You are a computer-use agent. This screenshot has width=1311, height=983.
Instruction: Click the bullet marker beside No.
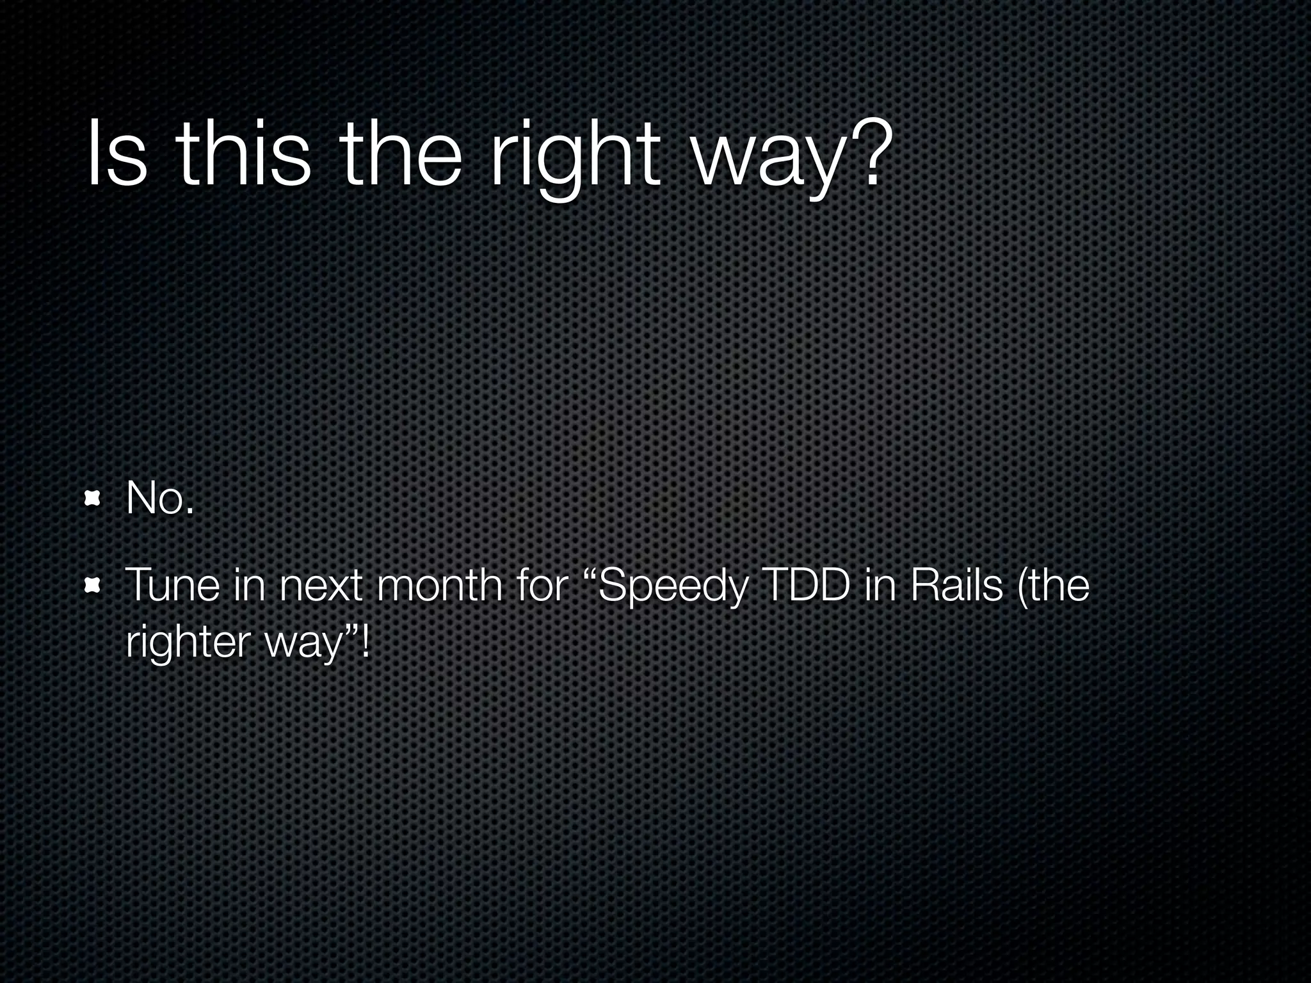pyautogui.click(x=93, y=498)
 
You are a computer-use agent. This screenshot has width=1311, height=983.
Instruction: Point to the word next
pyautogui.click(x=321, y=585)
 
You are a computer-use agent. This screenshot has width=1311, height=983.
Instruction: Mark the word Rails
pyautogui.click(x=954, y=585)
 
